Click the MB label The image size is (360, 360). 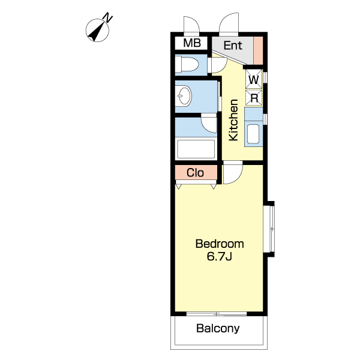(x=192, y=43)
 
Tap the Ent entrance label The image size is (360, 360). (x=233, y=46)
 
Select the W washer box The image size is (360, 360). (x=254, y=79)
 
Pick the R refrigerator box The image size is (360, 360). (x=254, y=98)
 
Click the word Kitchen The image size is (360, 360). (x=233, y=120)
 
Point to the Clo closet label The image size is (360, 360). (x=195, y=173)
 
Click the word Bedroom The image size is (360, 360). (x=220, y=244)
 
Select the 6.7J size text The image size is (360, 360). (x=219, y=256)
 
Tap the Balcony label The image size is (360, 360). (x=218, y=329)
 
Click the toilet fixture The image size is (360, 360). (x=187, y=65)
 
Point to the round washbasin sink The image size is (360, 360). (x=185, y=96)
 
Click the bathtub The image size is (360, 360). (x=196, y=149)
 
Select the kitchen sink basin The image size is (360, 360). (x=253, y=134)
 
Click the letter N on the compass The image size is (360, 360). (x=107, y=18)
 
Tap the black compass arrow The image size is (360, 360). (x=97, y=33)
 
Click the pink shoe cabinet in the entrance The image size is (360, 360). (x=258, y=51)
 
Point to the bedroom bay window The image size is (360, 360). (x=271, y=229)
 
